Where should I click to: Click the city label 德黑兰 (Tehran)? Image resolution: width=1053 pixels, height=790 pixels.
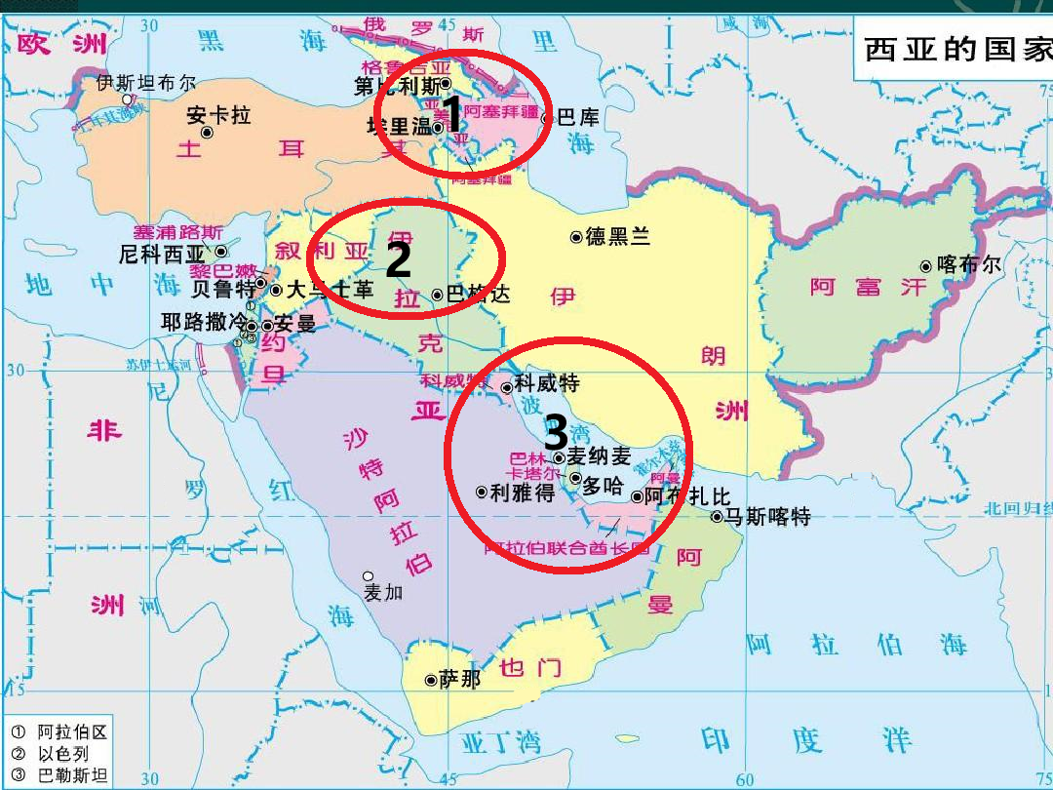617,237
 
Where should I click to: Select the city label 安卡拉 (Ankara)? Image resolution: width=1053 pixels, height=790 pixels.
218,116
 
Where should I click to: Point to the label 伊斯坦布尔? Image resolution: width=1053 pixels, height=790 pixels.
146,83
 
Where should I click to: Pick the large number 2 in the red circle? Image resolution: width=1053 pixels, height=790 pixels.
398,260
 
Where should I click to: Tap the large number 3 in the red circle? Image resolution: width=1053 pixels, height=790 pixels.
556,432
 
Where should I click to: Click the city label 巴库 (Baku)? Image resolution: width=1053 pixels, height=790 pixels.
578,118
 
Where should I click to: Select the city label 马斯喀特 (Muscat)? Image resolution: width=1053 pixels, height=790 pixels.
767,517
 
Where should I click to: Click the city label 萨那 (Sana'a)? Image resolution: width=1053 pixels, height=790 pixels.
460,680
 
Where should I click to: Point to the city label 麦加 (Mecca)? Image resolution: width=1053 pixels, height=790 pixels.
383,592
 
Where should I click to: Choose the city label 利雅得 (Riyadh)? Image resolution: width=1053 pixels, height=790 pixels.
523,493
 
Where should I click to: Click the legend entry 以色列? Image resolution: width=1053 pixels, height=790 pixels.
63,753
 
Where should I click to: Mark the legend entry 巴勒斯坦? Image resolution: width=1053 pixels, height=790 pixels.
72,775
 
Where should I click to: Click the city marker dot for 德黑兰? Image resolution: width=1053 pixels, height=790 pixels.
576,237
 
